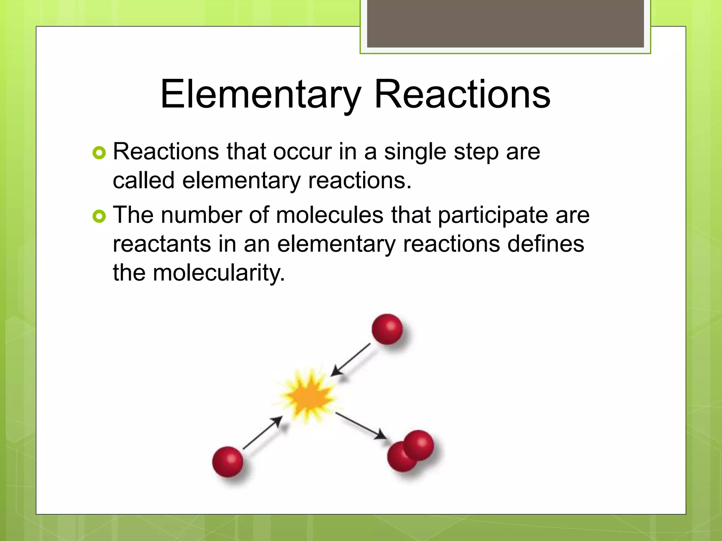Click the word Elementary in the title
click(x=261, y=94)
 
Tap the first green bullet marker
click(x=99, y=153)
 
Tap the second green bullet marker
click(x=99, y=216)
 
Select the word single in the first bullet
click(x=415, y=152)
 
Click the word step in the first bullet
click(x=476, y=152)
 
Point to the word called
click(x=143, y=180)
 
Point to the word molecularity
click(x=219, y=273)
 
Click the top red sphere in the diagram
click(x=387, y=329)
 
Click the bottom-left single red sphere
click(x=228, y=461)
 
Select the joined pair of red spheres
click(x=411, y=451)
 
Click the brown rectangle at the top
click(x=505, y=24)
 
